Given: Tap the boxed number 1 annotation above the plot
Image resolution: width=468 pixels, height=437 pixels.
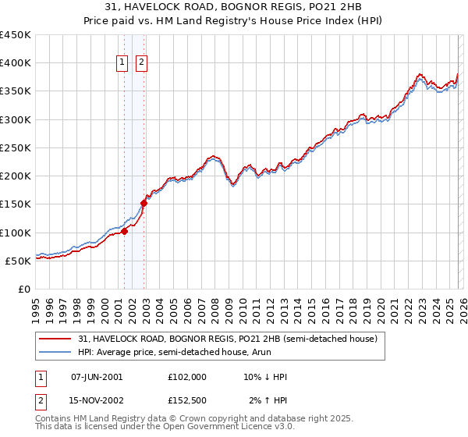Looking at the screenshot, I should click(123, 64).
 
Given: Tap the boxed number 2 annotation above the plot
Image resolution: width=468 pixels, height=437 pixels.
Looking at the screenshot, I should click(142, 64).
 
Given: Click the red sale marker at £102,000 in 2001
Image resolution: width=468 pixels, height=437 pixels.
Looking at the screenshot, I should click(124, 231).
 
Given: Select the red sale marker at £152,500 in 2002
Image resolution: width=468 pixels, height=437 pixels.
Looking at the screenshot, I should click(144, 203).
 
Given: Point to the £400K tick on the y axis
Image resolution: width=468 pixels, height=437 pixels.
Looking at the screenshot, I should click(16, 63).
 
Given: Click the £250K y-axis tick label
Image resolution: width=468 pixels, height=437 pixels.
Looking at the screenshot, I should click(16, 147).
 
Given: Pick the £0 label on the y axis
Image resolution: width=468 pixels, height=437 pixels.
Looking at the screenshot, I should click(23, 289).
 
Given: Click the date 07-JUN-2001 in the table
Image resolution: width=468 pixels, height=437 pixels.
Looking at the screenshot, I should click(96, 377).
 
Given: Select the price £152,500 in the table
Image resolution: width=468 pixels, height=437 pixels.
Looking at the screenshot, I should click(187, 400).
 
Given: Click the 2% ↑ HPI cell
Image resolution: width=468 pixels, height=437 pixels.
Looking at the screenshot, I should click(268, 400).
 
